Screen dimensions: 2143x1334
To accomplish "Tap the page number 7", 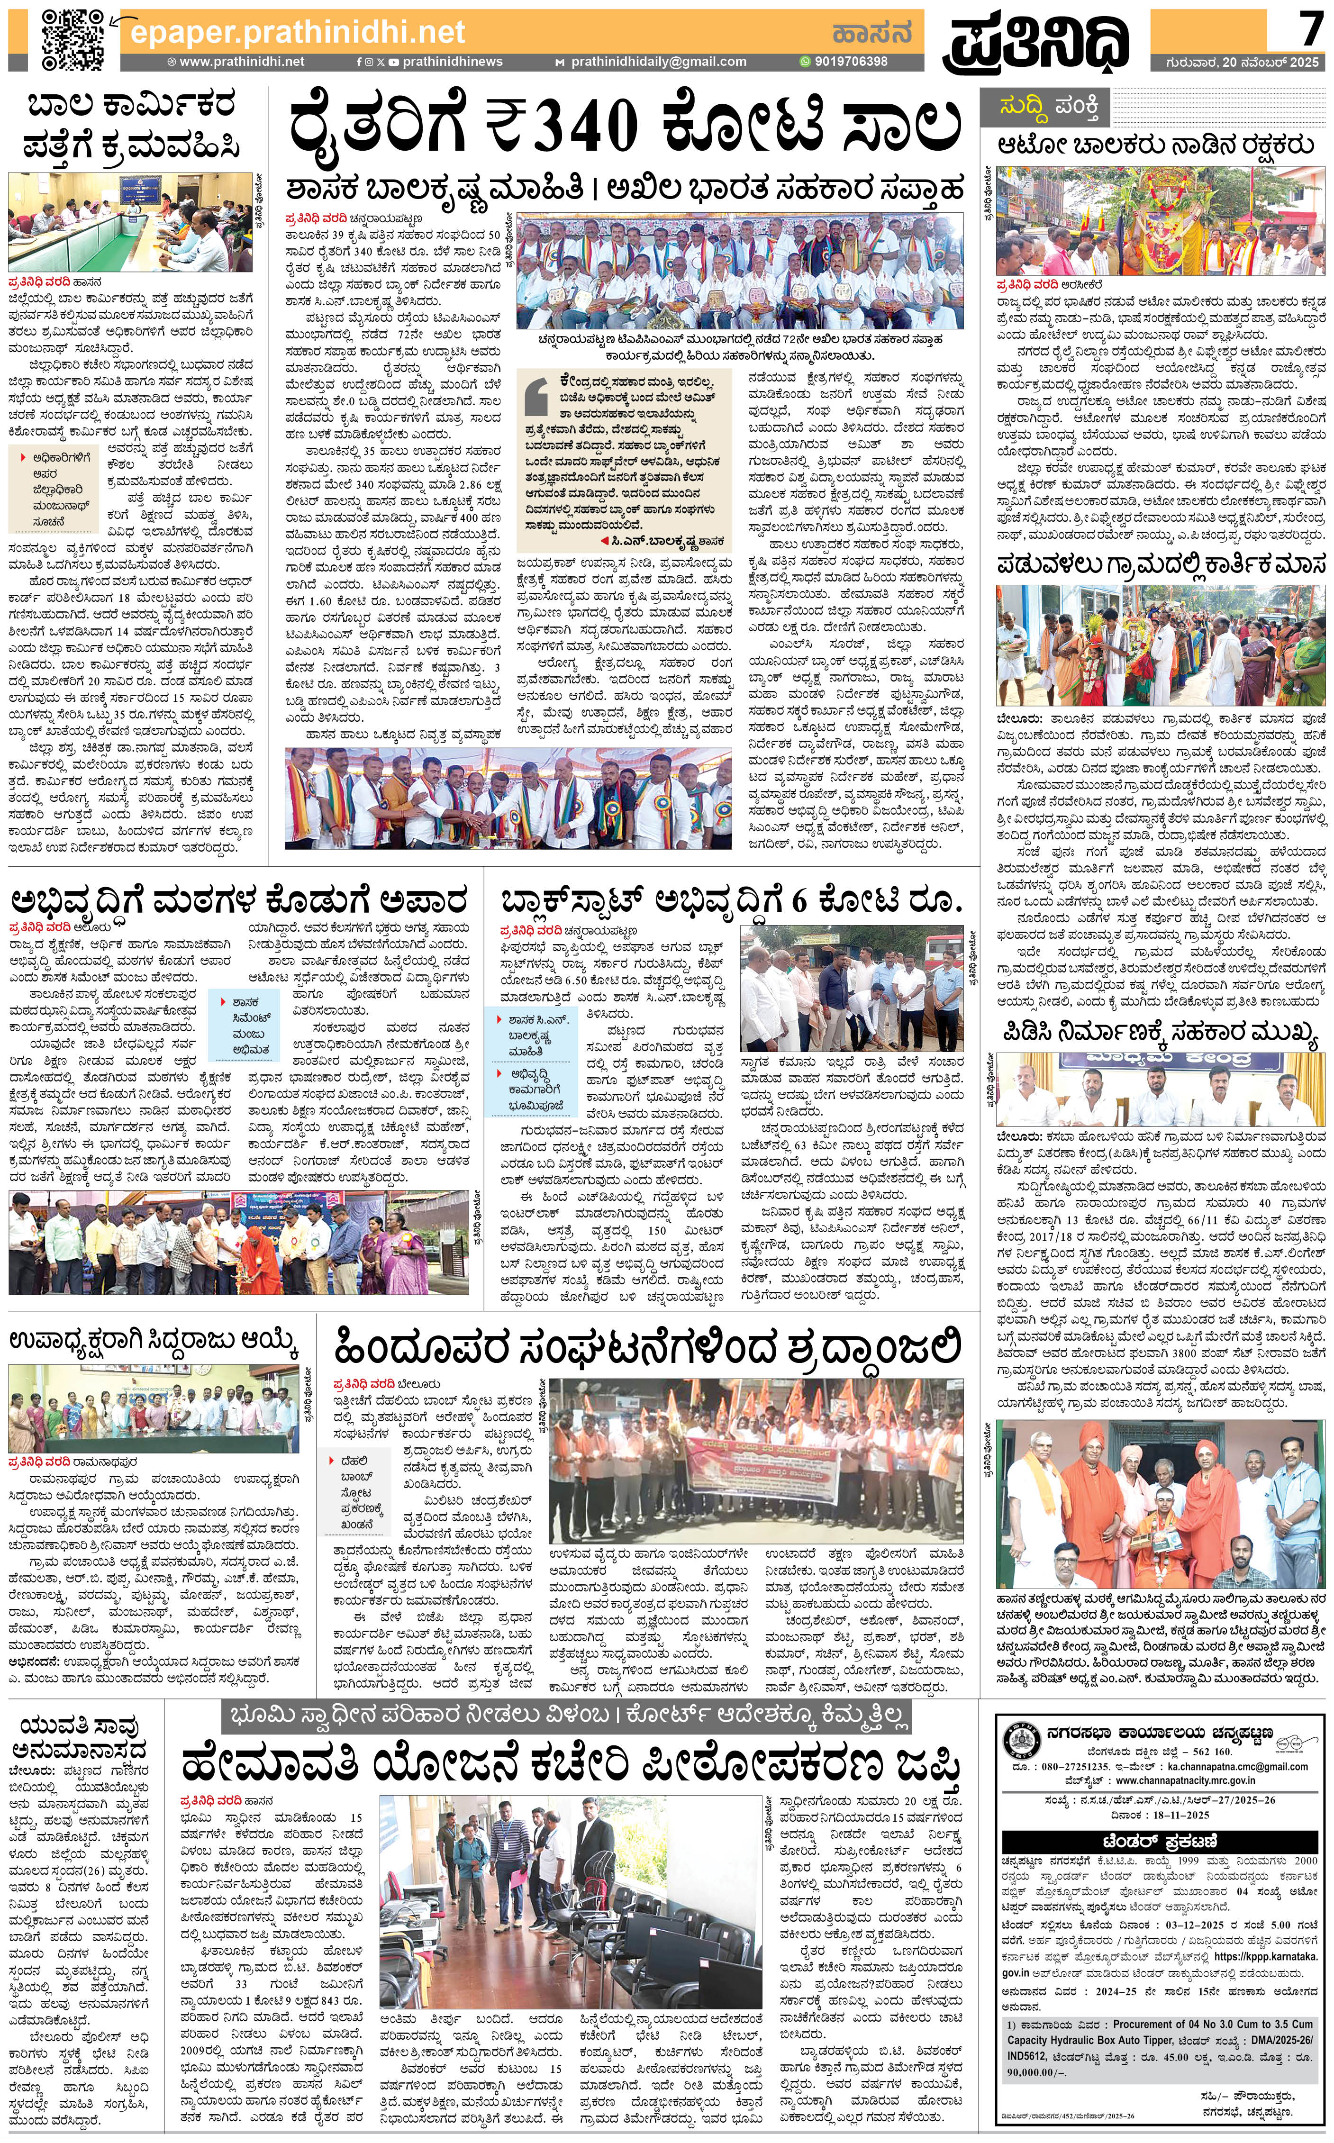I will click(1309, 31).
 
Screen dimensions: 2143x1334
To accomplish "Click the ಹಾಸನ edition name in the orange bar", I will click(871, 33).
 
